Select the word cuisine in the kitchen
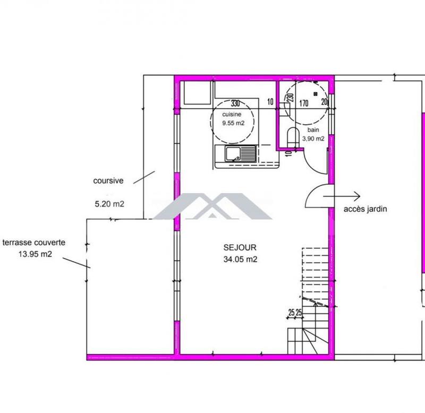pyautogui.click(x=233, y=114)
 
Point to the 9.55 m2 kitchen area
pyautogui.click(x=233, y=123)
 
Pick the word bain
pyautogui.click(x=313, y=130)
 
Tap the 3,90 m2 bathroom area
pyautogui.click(x=313, y=138)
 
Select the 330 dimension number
pyautogui.click(x=236, y=102)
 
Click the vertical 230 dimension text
pyautogui.click(x=290, y=98)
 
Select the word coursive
pyautogui.click(x=108, y=180)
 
